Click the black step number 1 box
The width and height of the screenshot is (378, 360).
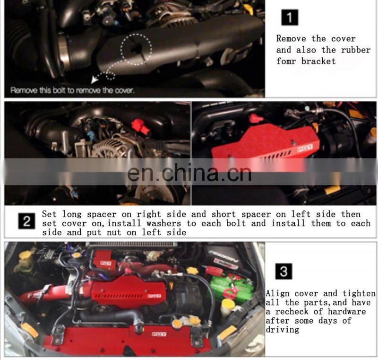[x=290, y=18]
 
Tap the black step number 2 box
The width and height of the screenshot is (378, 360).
[x=26, y=221]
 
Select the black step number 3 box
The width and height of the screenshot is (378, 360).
[x=284, y=271]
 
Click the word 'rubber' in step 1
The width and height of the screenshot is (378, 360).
[x=356, y=50]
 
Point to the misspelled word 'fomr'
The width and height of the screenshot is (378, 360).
[x=286, y=61]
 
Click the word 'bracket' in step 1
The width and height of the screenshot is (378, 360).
[x=318, y=61]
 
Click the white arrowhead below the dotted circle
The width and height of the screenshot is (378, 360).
[x=95, y=79]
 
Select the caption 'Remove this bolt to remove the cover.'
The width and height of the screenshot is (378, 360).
[x=72, y=90]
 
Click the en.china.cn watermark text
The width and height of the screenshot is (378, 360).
[x=189, y=173]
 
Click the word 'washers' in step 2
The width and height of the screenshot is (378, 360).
[x=163, y=223]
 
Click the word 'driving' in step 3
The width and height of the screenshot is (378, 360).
[x=282, y=330]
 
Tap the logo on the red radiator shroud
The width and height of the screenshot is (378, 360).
[x=159, y=334]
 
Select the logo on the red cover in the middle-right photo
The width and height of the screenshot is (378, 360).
[x=305, y=148]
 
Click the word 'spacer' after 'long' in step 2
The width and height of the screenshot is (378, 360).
[x=102, y=214]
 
